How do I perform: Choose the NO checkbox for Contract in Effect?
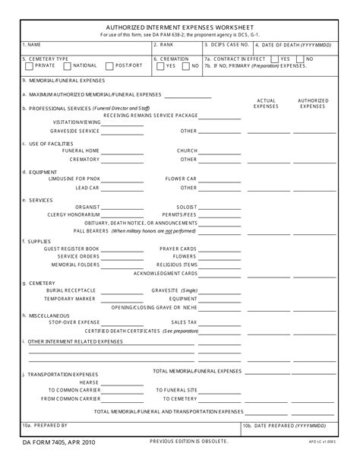tap(300, 58)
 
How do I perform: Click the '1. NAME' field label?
tap(32, 44)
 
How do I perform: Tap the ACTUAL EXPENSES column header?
tap(267, 103)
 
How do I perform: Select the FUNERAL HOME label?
tap(82, 151)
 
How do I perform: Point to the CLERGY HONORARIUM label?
tap(73, 214)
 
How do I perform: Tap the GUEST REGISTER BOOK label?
tap(71, 249)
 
